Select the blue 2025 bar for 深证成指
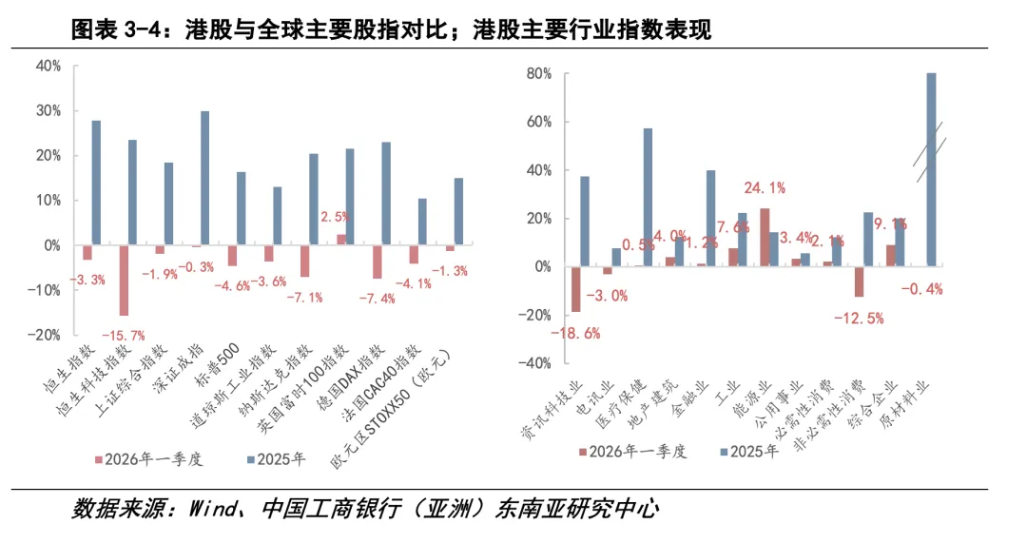(x=204, y=178)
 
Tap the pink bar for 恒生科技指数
(x=123, y=281)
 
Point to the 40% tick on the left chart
(x=48, y=66)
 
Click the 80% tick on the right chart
(x=539, y=73)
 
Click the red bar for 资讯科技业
(x=575, y=289)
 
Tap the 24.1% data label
(x=765, y=187)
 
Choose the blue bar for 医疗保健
(x=648, y=198)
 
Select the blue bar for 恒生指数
(x=96, y=183)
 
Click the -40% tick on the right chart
(x=535, y=362)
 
